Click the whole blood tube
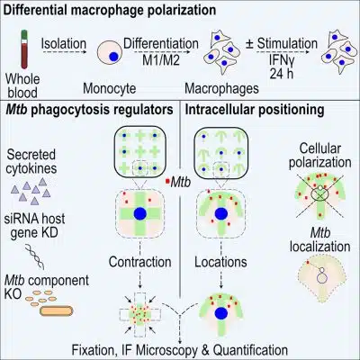(23, 49)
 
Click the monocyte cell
(110, 53)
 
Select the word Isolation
(64, 43)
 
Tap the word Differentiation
(161, 44)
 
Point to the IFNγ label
(281, 61)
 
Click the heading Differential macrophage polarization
(110, 10)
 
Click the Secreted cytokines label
(31, 161)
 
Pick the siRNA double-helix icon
(35, 256)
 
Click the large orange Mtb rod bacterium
(56, 310)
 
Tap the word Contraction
(139, 262)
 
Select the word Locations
(220, 262)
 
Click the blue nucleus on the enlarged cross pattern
(140, 213)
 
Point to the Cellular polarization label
(319, 156)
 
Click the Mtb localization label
(319, 239)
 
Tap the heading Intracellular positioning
(255, 110)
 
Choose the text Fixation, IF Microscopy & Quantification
(179, 350)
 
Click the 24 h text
(281, 74)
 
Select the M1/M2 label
(161, 60)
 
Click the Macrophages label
(221, 88)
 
